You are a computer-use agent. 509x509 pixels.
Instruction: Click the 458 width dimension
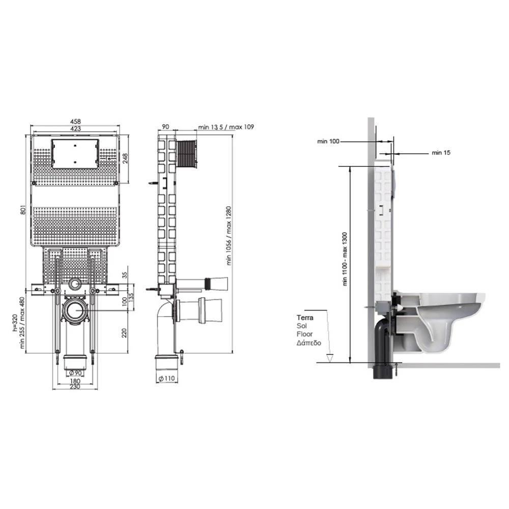point(75,122)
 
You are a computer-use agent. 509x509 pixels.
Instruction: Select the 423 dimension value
point(75,129)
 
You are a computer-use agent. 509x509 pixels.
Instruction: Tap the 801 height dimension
point(23,209)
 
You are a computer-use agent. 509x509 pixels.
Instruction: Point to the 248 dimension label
point(125,158)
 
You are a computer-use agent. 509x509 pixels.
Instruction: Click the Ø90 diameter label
point(75,373)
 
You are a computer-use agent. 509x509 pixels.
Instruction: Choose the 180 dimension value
point(75,381)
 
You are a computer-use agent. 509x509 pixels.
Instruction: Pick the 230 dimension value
point(75,387)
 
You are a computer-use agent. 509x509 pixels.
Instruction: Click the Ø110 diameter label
point(166,378)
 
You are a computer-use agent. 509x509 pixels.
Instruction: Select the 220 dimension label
point(124,333)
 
